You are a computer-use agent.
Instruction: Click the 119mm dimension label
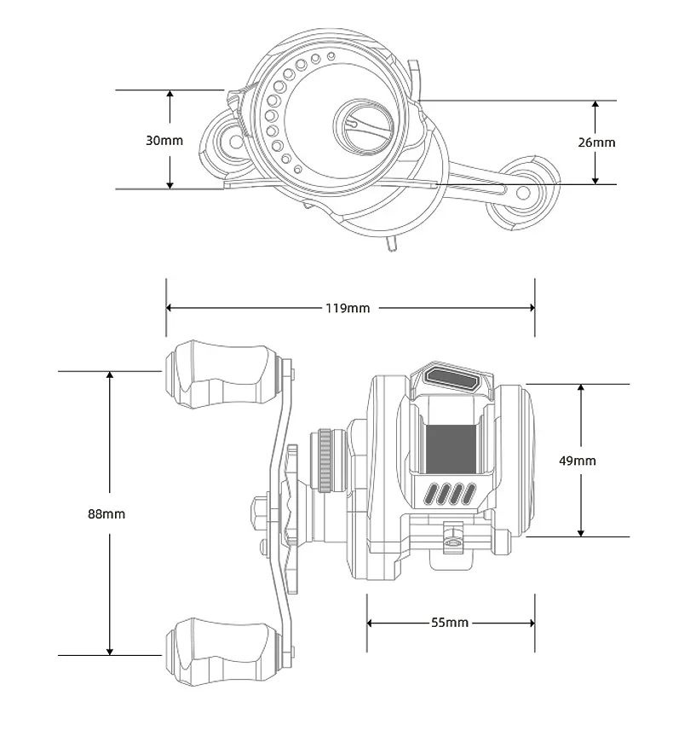(348, 308)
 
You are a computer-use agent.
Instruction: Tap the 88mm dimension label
(106, 513)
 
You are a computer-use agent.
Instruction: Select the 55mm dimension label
(450, 623)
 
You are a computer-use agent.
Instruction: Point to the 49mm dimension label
(578, 461)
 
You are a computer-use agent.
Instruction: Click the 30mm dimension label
(164, 140)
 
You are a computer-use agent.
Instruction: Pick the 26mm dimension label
(596, 142)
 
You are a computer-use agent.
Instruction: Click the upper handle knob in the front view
(221, 374)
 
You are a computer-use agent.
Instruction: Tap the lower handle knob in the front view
(221, 651)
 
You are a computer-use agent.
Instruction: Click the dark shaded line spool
(451, 449)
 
